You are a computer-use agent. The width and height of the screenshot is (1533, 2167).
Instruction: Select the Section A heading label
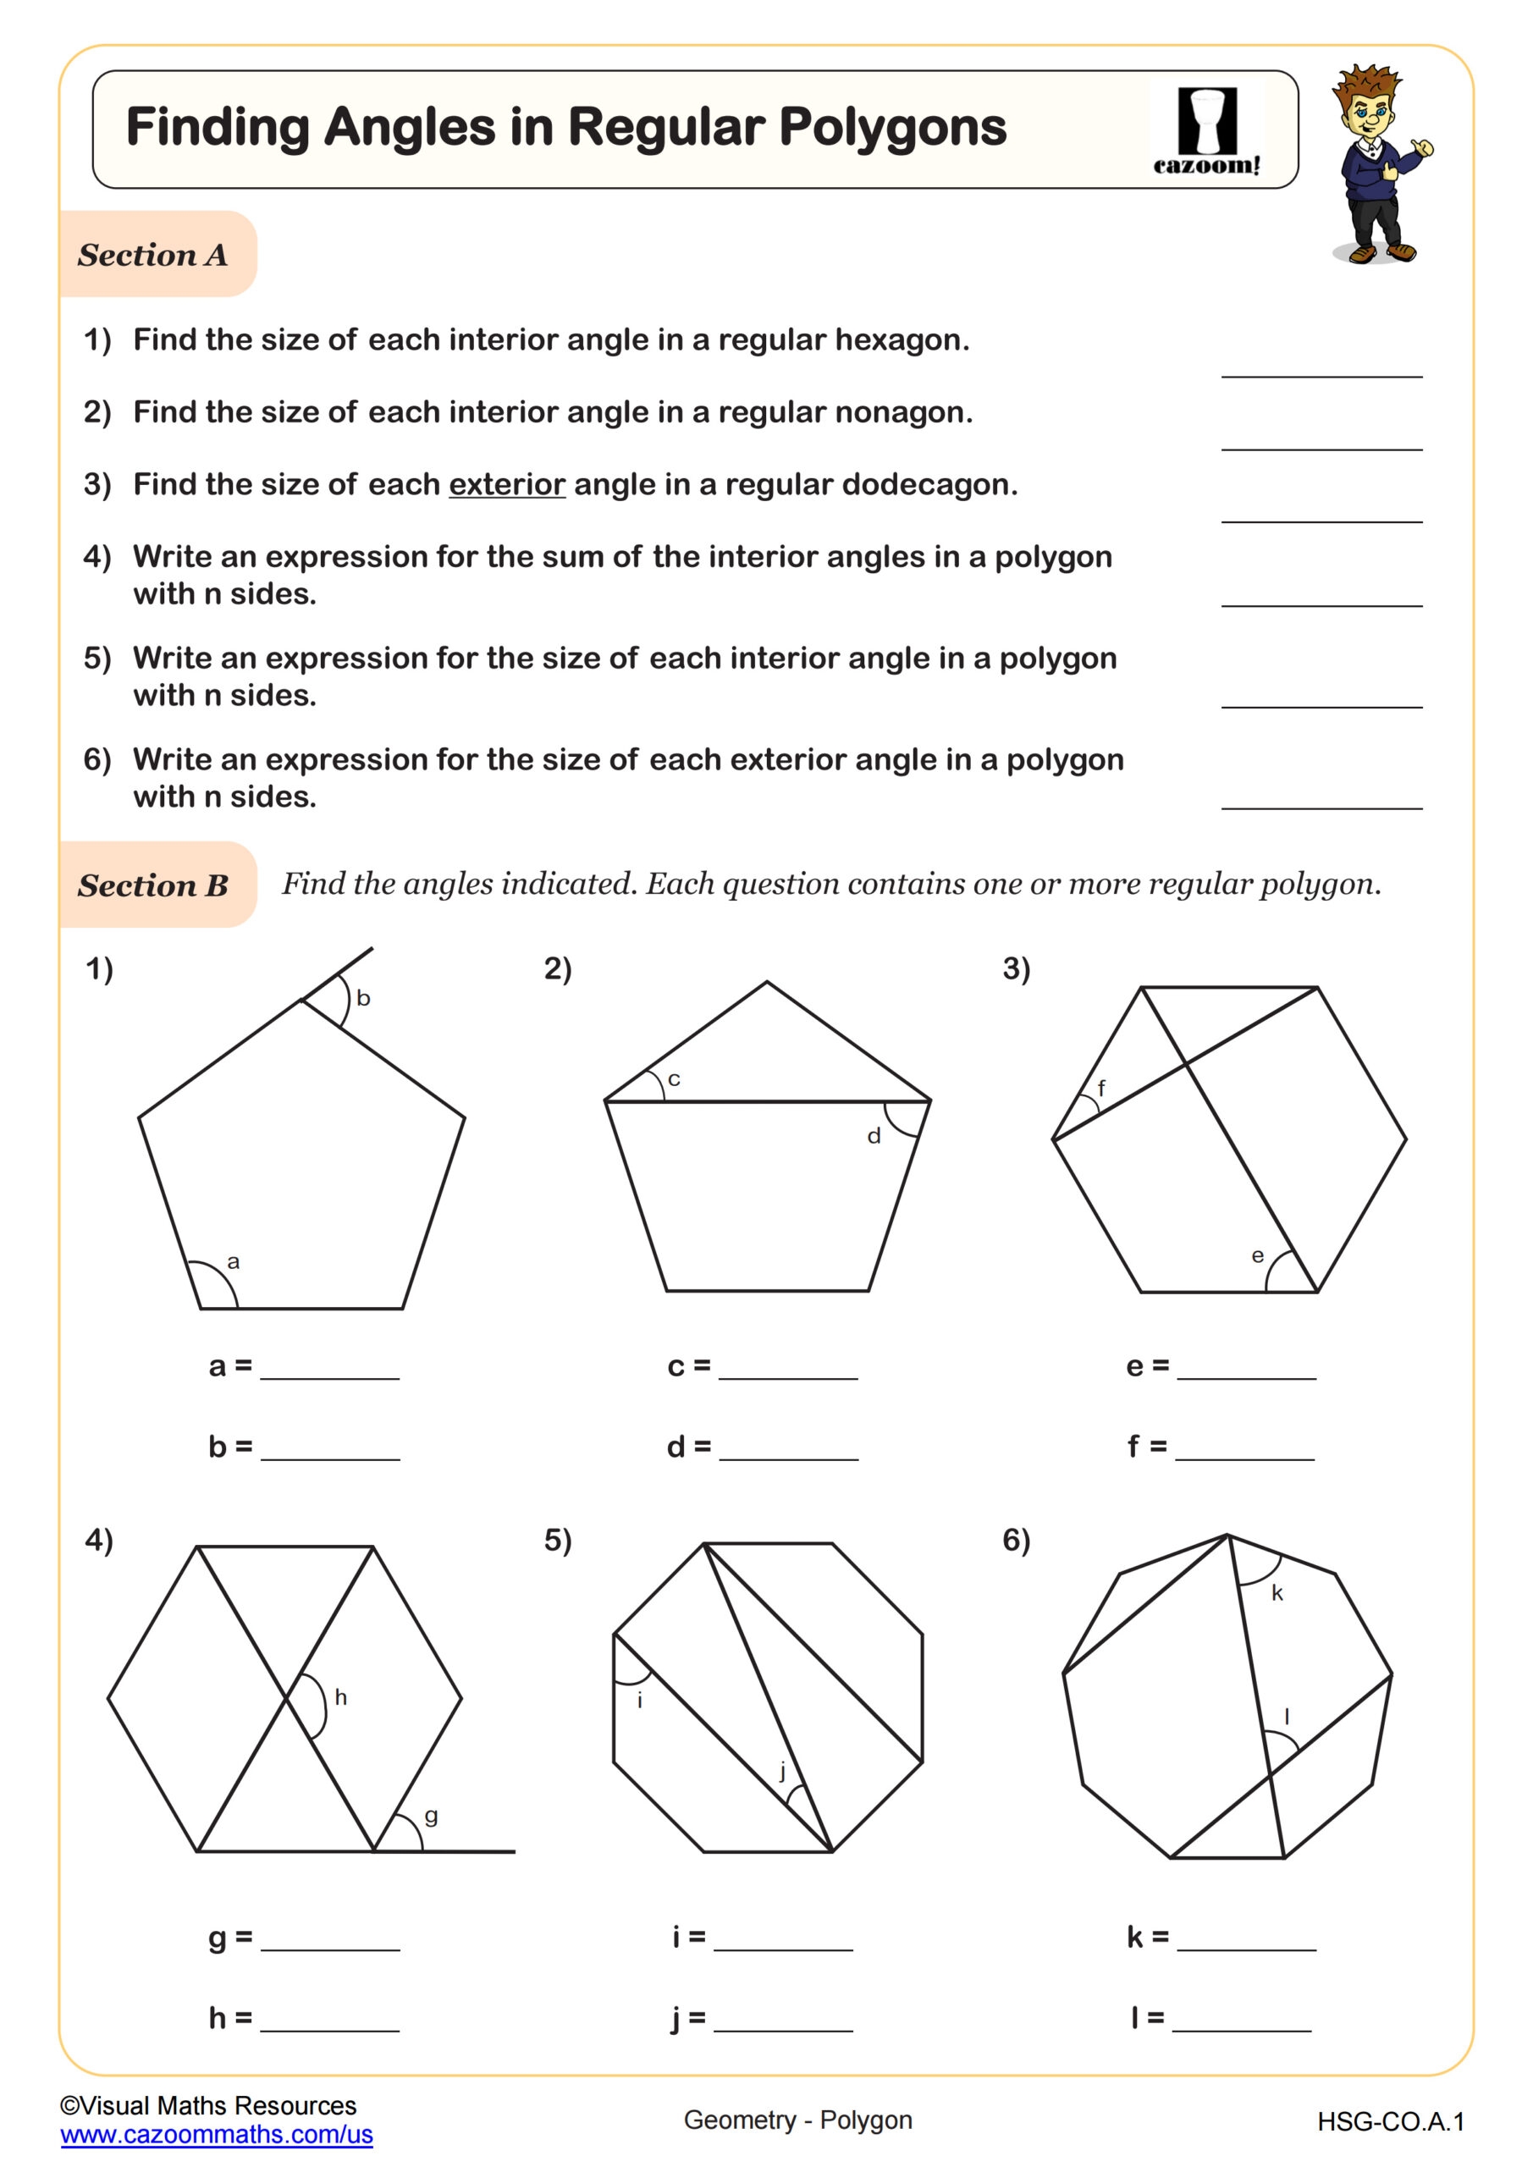(153, 255)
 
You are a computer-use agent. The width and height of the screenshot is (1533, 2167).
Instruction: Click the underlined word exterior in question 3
(506, 484)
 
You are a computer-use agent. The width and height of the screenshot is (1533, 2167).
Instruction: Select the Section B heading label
(153, 885)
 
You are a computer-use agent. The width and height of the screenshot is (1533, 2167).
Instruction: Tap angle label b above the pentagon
(363, 999)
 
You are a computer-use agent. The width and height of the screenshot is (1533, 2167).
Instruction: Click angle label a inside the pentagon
(233, 1262)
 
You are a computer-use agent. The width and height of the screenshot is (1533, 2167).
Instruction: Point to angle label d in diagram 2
(874, 1136)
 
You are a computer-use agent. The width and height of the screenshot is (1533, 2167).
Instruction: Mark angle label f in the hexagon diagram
(1100, 1089)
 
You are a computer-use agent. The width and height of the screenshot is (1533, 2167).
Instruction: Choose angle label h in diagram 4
(341, 1698)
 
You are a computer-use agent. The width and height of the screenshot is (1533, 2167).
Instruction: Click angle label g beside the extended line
(432, 1816)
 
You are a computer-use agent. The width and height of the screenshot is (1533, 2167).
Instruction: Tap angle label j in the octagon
(782, 1772)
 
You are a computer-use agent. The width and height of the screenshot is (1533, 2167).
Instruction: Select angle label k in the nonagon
(1277, 1593)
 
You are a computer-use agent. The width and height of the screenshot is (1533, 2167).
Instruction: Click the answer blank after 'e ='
(1246, 1368)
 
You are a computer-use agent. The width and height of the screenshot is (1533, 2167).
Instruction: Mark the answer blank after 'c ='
(788, 1368)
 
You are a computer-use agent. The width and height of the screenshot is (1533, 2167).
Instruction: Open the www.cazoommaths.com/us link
(216, 2135)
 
